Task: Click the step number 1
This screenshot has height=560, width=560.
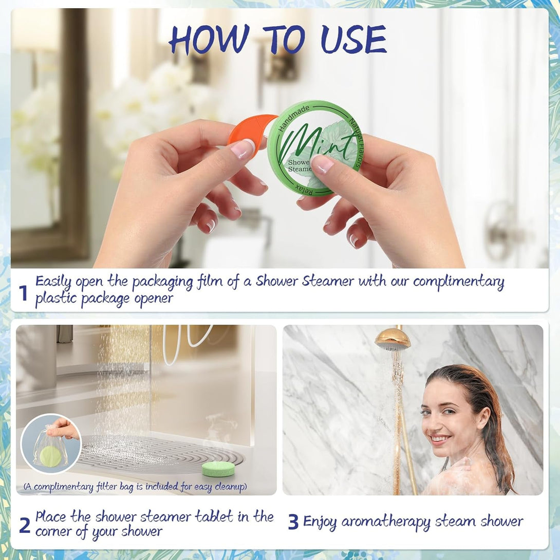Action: click(23, 293)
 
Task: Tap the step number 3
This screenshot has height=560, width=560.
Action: click(293, 522)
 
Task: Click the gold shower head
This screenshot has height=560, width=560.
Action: click(393, 339)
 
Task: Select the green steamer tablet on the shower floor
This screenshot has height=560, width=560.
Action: click(218, 468)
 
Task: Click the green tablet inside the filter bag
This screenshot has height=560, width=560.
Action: click(50, 455)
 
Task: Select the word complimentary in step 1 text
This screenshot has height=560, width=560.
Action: click(458, 282)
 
